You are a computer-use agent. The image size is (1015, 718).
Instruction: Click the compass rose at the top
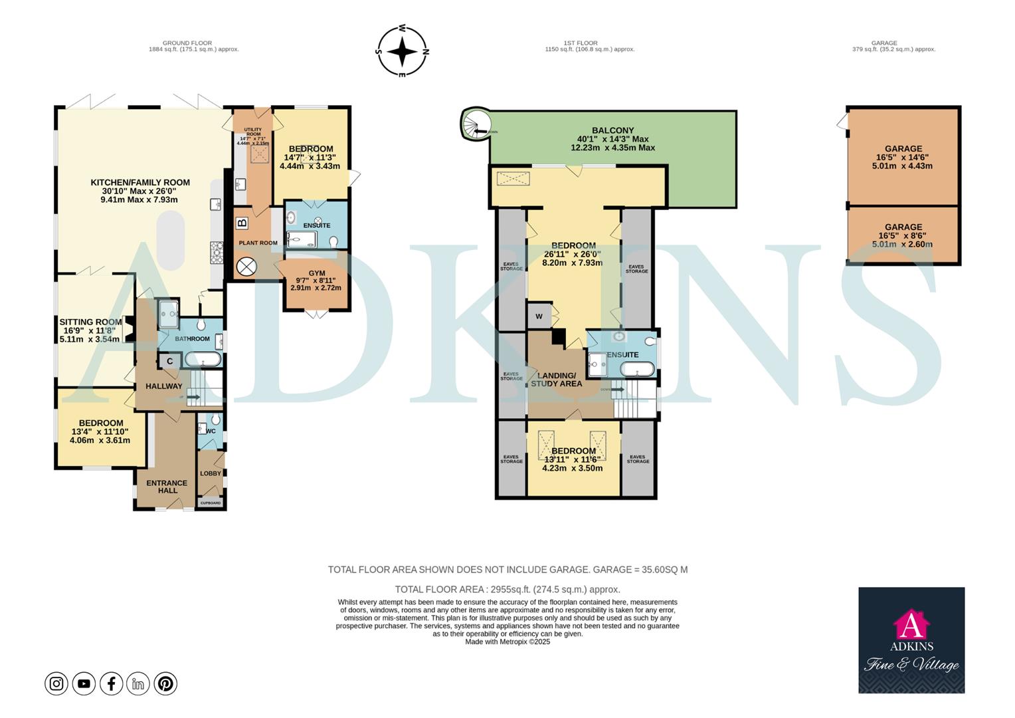pos(403,51)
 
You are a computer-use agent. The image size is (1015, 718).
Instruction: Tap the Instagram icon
pos(56,683)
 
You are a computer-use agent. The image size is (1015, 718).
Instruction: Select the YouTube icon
pos(84,683)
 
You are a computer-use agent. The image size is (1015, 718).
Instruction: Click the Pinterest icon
pos(165,683)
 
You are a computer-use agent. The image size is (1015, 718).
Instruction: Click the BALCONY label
pos(612,130)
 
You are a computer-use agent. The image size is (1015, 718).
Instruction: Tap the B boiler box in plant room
pos(242,223)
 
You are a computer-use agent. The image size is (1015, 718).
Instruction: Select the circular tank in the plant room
pos(246,267)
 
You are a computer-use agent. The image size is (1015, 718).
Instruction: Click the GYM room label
pos(317,273)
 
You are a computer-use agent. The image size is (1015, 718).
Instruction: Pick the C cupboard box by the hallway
pos(169,361)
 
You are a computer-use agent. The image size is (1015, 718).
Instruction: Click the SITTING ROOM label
pos(90,322)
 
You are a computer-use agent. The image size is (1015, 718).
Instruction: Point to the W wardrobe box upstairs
pos(539,316)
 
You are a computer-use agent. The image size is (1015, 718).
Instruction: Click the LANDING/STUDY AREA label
pos(556,379)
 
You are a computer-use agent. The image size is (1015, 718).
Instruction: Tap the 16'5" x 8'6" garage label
pos(903,235)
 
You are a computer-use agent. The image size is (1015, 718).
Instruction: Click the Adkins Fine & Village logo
pos(911,640)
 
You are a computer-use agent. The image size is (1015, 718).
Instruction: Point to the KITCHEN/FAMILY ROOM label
pos(140,182)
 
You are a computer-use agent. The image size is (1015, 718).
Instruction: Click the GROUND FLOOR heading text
pos(187,43)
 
